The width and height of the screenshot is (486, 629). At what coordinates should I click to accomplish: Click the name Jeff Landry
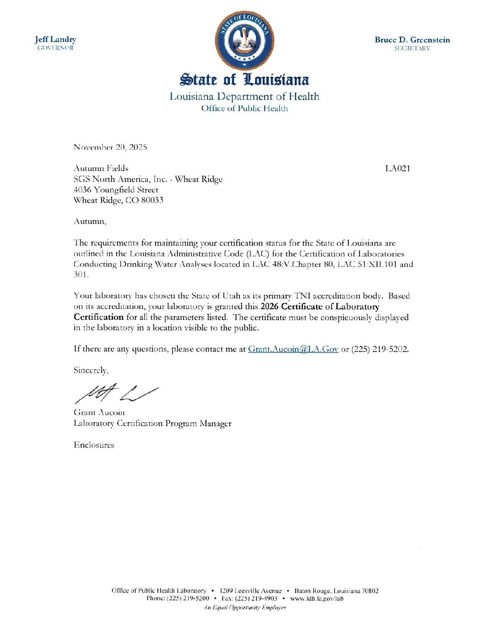coord(55,39)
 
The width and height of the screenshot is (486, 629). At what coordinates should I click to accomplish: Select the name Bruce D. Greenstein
coord(412,40)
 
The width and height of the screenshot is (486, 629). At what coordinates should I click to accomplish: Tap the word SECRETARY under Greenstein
coord(412,48)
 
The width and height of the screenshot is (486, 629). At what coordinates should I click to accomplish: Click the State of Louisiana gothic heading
coord(244,80)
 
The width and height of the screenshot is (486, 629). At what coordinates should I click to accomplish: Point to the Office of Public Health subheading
coord(244,108)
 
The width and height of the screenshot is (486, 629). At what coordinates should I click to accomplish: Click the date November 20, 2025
coord(110,147)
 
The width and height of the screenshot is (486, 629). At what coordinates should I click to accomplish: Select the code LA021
coord(397,168)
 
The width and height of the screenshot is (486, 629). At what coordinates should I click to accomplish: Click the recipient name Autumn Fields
coord(101,168)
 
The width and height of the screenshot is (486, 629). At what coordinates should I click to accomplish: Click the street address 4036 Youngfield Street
coord(116,190)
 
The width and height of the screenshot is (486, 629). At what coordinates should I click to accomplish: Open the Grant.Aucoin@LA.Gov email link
coord(293,349)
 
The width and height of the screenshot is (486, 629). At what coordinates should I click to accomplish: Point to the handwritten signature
coord(116,394)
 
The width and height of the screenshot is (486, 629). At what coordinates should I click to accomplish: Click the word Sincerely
coord(91,370)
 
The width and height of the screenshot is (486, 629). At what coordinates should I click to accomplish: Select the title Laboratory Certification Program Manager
coord(152,423)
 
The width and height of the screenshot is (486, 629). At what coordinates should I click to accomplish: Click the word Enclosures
coord(94,445)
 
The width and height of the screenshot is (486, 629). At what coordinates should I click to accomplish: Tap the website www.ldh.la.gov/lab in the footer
coord(317,599)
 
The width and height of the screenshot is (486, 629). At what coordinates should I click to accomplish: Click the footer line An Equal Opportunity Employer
coord(245,608)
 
